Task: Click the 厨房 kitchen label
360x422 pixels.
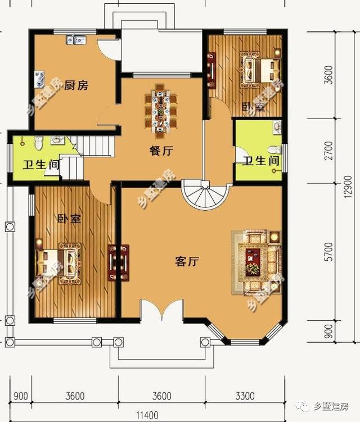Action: click(76, 85)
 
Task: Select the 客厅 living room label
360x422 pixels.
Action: click(188, 261)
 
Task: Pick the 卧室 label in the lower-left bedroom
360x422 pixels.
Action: click(69, 219)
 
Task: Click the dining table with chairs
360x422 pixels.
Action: click(160, 109)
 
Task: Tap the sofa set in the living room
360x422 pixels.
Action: click(258, 261)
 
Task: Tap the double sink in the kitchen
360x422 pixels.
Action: click(76, 40)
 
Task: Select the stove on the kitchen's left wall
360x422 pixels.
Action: click(39, 79)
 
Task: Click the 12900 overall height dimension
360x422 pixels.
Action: click(349, 186)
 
